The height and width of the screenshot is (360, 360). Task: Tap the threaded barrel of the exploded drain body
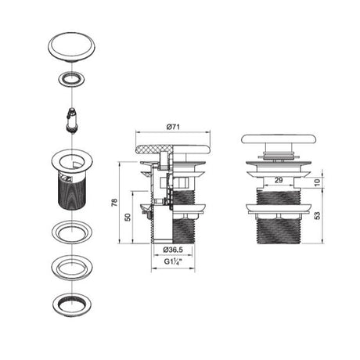(71, 192)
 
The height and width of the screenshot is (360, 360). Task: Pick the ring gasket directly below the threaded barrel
(71, 232)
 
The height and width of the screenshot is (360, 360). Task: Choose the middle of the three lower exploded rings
(71, 266)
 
